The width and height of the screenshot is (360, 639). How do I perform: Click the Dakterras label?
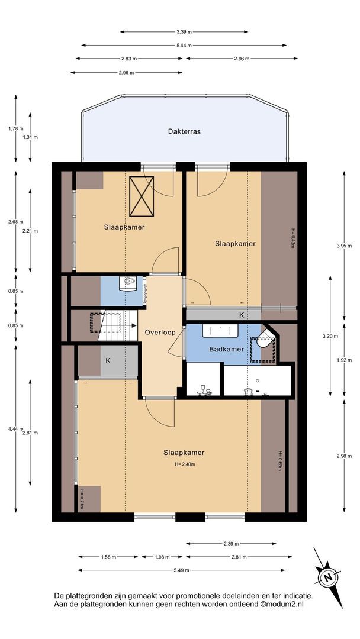coord(184,131)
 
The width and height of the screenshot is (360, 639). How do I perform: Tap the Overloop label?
coord(160,332)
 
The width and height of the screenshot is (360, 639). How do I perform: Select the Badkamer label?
coord(227,349)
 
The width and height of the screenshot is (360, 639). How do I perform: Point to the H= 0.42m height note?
coord(292,238)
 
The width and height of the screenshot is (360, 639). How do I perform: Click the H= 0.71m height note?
coord(82,499)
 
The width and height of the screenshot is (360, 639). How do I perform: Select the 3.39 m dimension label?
coord(184,31)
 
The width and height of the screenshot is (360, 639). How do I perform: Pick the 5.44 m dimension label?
coord(184,45)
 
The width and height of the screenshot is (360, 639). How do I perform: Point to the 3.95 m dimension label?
coord(344,246)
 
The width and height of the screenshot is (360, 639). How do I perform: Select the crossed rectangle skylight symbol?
coord(141,196)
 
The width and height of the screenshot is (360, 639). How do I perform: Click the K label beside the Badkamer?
coord(242,315)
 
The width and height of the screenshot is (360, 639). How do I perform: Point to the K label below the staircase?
coord(108,360)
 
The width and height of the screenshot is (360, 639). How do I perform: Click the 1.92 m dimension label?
coord(344,360)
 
